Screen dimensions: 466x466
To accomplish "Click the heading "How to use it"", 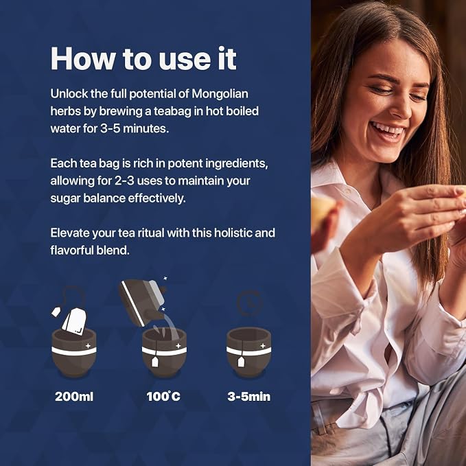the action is tap(143, 58).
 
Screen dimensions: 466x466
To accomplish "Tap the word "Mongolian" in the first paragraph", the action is tap(220, 94).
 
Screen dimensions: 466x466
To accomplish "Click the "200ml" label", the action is tap(74, 397).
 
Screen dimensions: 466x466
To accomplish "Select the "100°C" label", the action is tap(163, 397).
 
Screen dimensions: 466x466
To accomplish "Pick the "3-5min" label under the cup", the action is tap(249, 397).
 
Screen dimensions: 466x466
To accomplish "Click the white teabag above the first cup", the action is tap(74, 322).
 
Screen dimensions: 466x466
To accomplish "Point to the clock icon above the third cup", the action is tap(250, 303).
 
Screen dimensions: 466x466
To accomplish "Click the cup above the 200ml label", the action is tap(74, 353).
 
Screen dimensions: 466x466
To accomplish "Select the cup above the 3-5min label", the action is tap(249, 353).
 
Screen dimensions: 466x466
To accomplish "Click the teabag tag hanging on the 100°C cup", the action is tap(155, 362).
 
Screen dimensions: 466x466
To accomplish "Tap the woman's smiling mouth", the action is tap(388, 131).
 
